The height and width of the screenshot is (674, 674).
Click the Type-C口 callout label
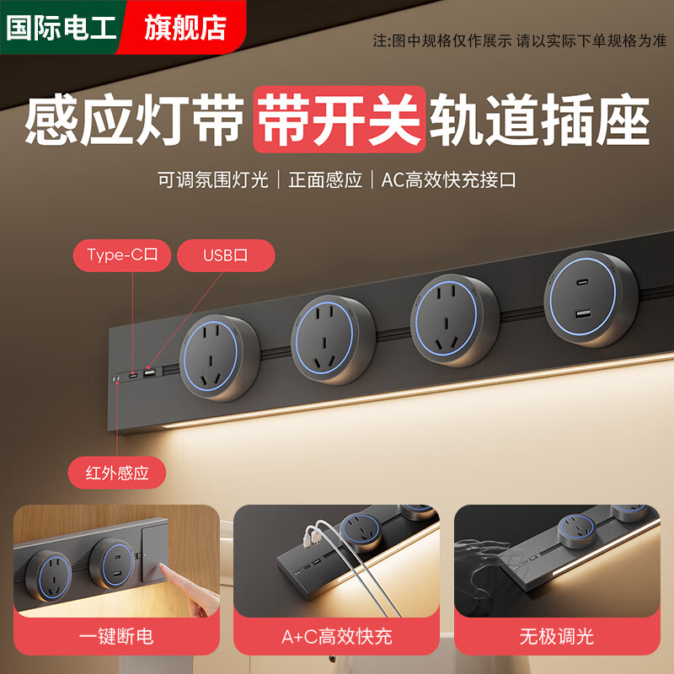tap(129, 255)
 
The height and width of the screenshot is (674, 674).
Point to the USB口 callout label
tap(226, 255)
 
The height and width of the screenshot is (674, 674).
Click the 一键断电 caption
tap(116, 635)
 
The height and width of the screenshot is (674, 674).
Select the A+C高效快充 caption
tap(337, 635)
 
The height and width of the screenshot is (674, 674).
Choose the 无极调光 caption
tap(557, 635)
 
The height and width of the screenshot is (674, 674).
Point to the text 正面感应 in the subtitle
tap(325, 179)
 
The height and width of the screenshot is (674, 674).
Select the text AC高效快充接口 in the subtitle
tap(448, 179)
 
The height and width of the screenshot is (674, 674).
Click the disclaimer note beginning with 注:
tap(519, 40)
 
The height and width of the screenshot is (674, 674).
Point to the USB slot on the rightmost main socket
tap(584, 314)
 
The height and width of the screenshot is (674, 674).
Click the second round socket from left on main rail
tap(333, 340)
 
